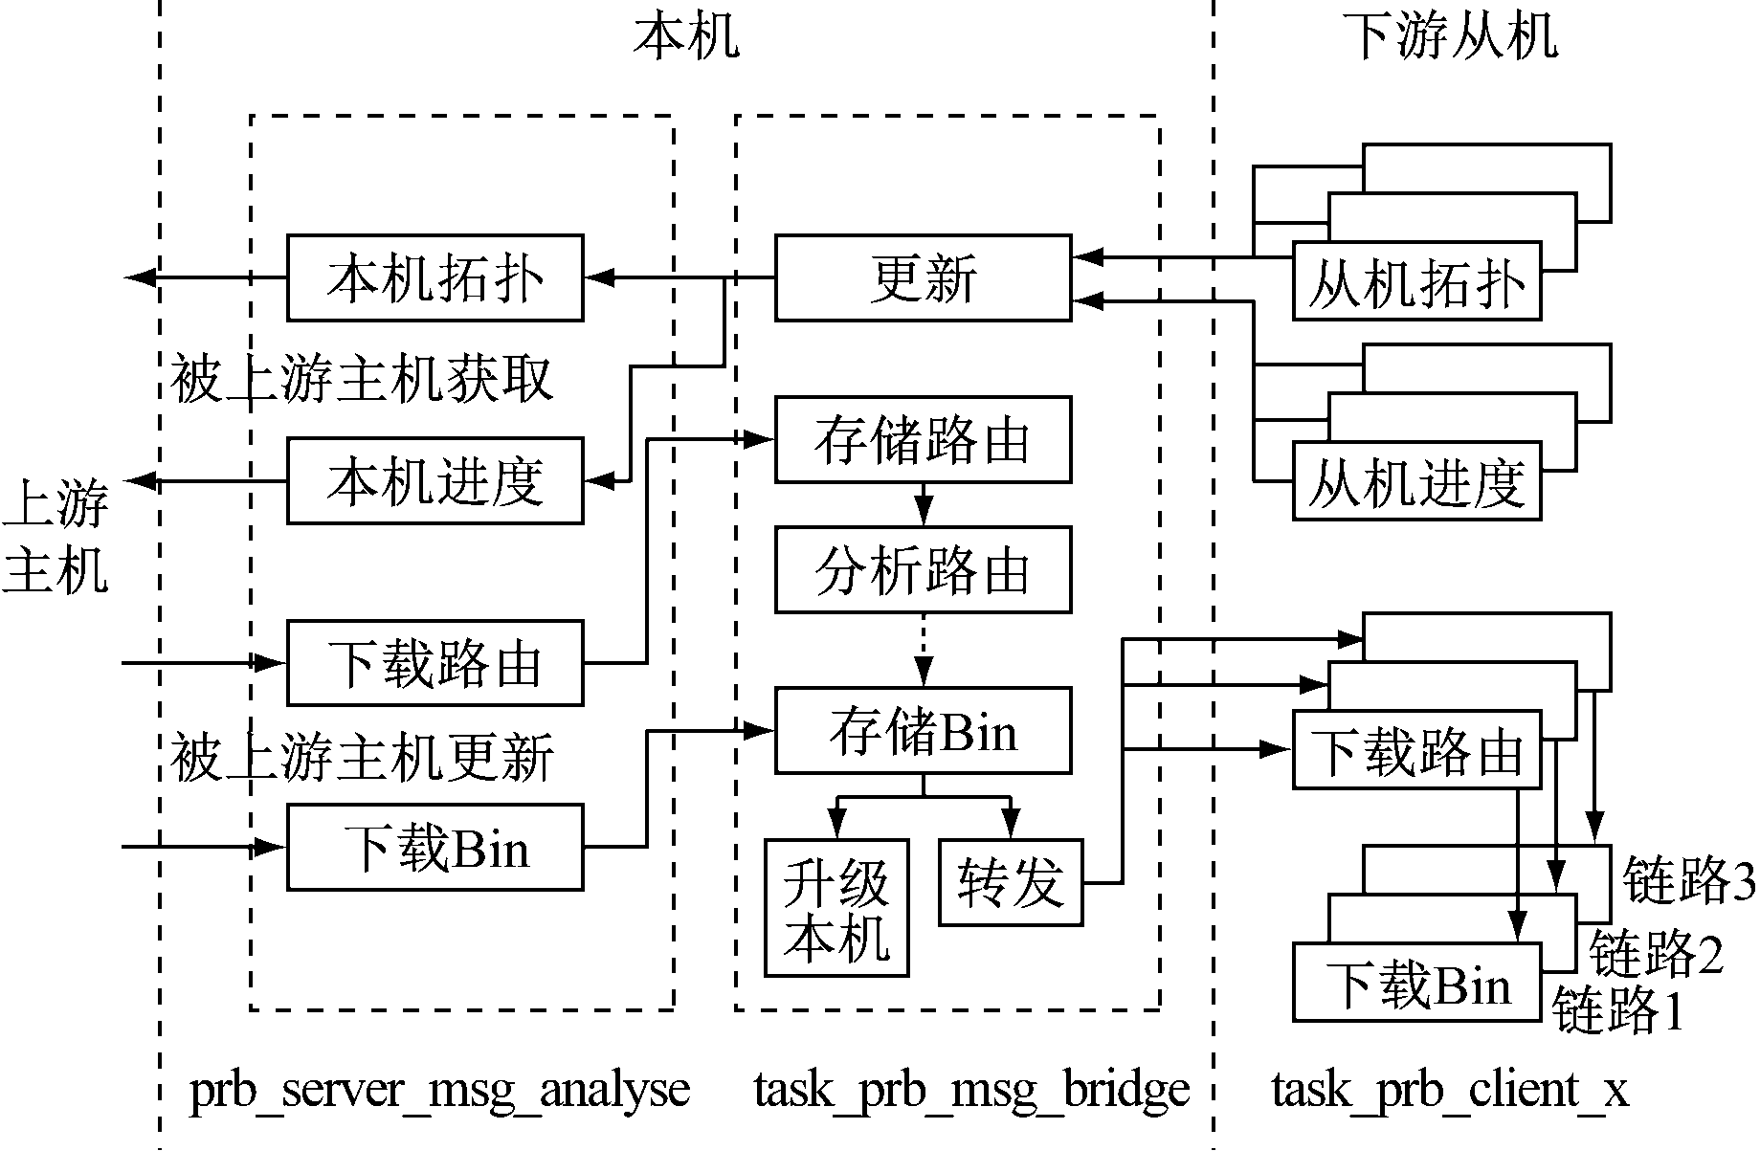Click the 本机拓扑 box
point(434,277)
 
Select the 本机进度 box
point(434,480)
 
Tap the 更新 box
point(923,277)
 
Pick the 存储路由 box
point(923,440)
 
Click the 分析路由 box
point(923,570)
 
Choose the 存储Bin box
point(923,730)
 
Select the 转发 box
point(1011,882)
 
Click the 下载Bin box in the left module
point(434,848)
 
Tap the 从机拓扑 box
point(1416,281)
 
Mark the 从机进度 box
point(1416,481)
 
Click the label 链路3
point(1689,880)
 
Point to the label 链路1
point(1617,1009)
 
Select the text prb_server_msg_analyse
point(440,1090)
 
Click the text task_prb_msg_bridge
point(971,1090)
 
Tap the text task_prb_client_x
point(1449,1090)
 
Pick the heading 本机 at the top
point(685,36)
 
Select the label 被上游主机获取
point(362,379)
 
